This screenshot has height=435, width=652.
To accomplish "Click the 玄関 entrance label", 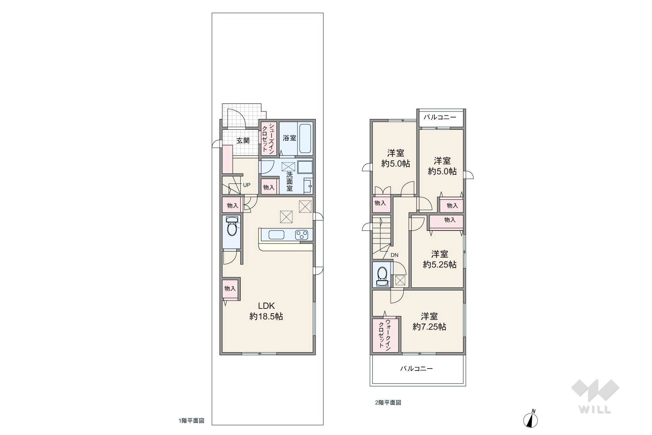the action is (x=243, y=140).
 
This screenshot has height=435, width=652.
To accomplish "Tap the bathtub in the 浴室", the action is (x=306, y=138).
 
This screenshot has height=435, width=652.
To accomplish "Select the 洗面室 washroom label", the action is (x=289, y=181).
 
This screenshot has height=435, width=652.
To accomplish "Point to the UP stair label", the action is (x=247, y=185).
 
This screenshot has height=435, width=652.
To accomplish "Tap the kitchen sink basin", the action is (x=276, y=235).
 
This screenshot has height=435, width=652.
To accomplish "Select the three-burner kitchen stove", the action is (x=302, y=235).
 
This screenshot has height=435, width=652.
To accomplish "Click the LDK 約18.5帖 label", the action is (x=267, y=311).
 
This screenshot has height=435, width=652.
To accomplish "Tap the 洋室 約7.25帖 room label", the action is (x=429, y=322).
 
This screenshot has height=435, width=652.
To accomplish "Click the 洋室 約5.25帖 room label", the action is (x=440, y=259).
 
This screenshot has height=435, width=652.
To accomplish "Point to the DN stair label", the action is (x=394, y=255).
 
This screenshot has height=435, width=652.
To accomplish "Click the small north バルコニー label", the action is (x=440, y=117).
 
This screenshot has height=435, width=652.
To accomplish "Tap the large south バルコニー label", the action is (x=417, y=369).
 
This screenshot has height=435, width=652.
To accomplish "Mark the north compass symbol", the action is (x=531, y=419).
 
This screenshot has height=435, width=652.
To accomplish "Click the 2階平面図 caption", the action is (x=388, y=402).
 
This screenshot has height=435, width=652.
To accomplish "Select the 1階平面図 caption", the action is (x=191, y=420).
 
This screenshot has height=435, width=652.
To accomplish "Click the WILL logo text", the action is (x=595, y=409).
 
